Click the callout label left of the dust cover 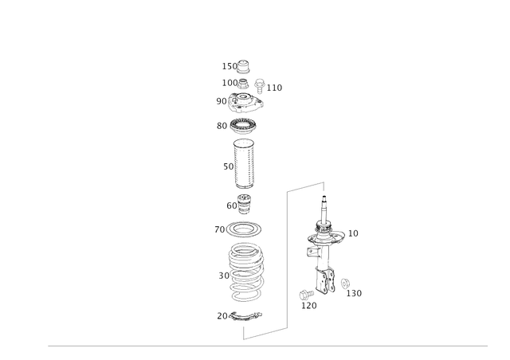pos(226,166)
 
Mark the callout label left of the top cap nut pos(225,65)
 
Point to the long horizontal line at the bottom pos(268,346)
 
